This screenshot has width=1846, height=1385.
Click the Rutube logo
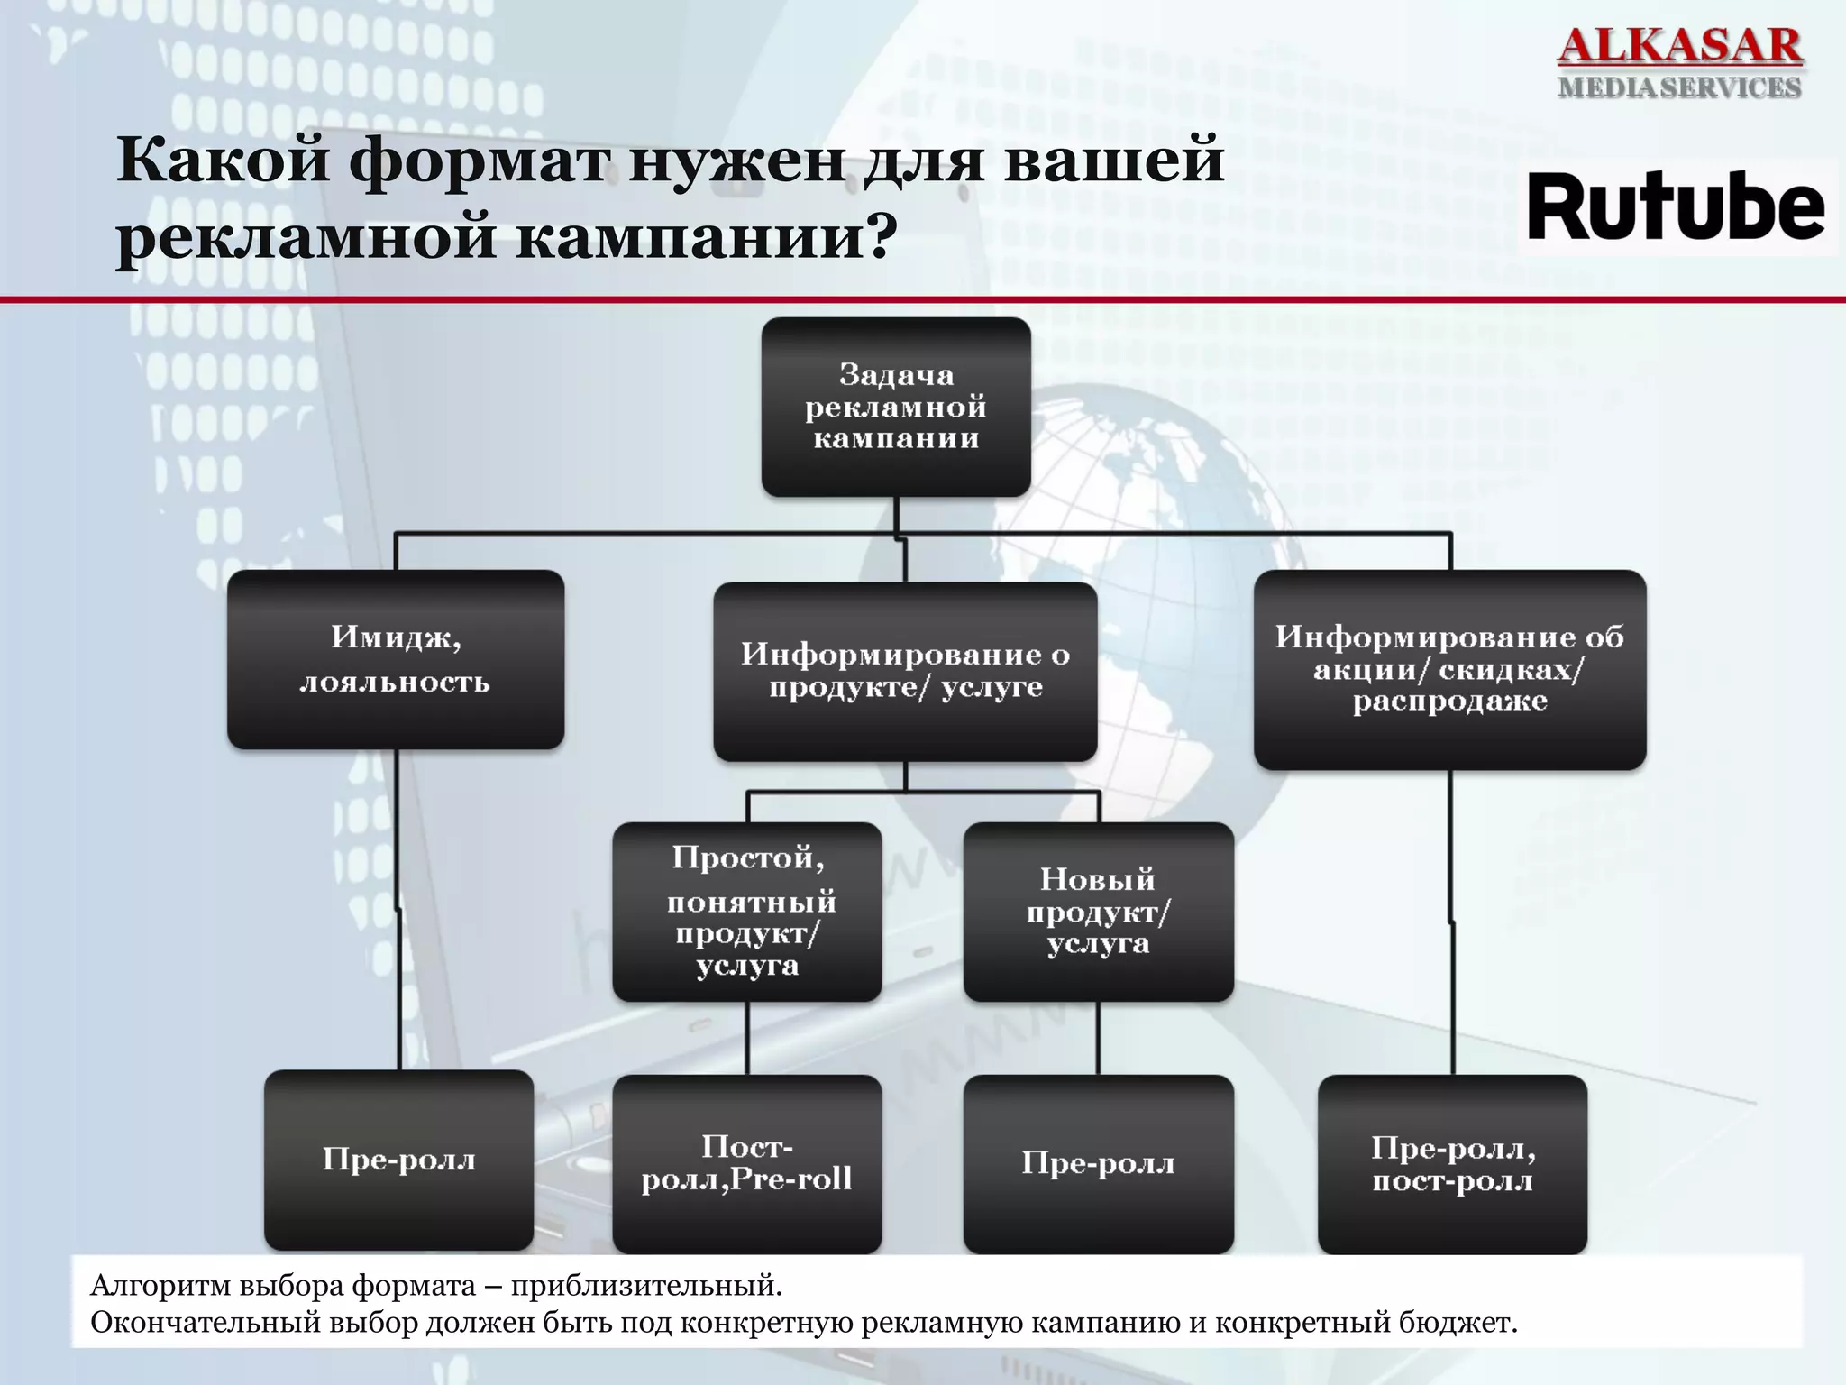[x=1677, y=207]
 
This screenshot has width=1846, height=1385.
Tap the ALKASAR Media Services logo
[x=1679, y=61]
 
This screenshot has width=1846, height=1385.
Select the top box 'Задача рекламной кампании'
[x=896, y=407]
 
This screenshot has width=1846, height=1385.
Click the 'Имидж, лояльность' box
[x=396, y=659]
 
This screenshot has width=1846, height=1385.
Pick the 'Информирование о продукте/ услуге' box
[x=905, y=671]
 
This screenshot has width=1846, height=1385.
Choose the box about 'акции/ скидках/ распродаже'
[x=1449, y=669]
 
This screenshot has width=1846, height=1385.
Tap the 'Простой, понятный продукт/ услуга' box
[x=747, y=912]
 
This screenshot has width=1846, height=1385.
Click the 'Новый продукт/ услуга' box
[x=1098, y=912]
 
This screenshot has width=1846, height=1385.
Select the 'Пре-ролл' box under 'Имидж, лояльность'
[x=398, y=1160]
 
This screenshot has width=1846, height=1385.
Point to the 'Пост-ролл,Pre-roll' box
[x=747, y=1163]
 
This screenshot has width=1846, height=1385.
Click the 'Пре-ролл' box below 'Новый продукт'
[x=1098, y=1163]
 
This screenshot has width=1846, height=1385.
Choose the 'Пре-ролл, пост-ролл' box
[x=1452, y=1164]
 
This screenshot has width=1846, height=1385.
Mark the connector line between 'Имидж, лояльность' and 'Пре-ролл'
[x=398, y=911]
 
